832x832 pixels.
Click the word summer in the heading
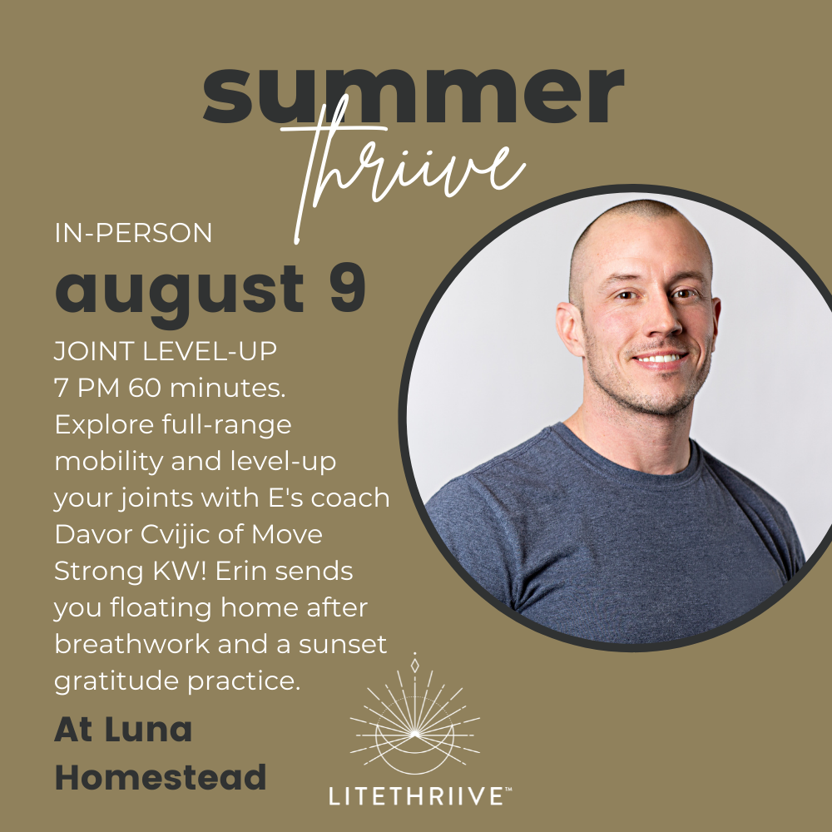414,95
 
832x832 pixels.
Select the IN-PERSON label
133,234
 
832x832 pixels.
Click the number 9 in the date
348,290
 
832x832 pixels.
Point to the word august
180,295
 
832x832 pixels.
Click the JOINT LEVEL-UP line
166,351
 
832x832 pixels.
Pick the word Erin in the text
241,571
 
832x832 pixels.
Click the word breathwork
132,644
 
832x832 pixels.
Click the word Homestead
161,777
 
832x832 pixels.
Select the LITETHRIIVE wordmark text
417,796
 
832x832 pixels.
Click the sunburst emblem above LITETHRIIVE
415,721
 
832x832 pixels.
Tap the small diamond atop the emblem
415,665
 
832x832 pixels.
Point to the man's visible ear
572,328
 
